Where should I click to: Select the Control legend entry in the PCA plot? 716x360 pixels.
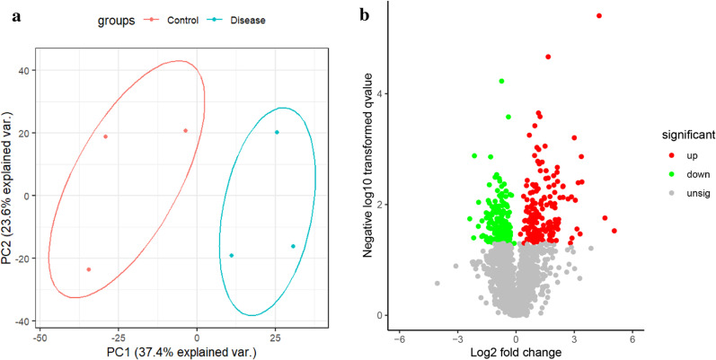coord(184,17)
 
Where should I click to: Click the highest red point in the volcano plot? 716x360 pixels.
coord(599,15)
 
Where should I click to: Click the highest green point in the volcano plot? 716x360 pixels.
coord(501,82)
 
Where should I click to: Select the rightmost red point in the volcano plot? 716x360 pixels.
coord(614,231)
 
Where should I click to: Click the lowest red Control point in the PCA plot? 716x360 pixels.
coord(88,269)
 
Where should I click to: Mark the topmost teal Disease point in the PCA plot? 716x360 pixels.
coord(277,132)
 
